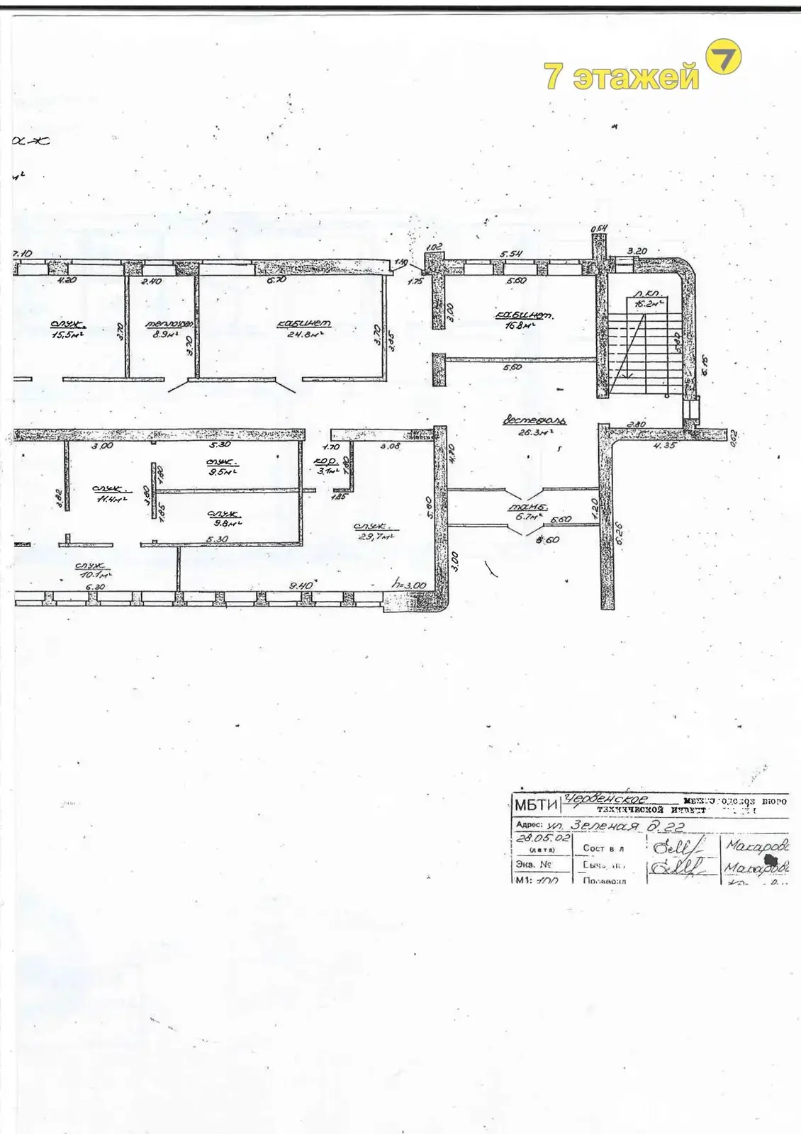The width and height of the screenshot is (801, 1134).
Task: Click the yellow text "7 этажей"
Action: [621, 77]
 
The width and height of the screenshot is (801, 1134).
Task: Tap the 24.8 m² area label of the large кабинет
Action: [304, 329]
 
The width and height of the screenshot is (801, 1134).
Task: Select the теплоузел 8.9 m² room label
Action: [169, 329]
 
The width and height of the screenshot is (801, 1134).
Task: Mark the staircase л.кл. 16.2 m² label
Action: [648, 298]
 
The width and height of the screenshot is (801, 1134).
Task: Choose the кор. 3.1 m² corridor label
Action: [327, 466]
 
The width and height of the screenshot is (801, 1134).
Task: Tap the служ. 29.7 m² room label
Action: [374, 532]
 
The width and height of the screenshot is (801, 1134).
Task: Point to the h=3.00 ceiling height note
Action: [409, 585]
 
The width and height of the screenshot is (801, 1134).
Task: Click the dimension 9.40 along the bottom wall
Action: [301, 585]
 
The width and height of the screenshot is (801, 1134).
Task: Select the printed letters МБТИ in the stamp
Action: [536, 804]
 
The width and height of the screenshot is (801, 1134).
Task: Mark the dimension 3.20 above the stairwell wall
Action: [637, 251]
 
